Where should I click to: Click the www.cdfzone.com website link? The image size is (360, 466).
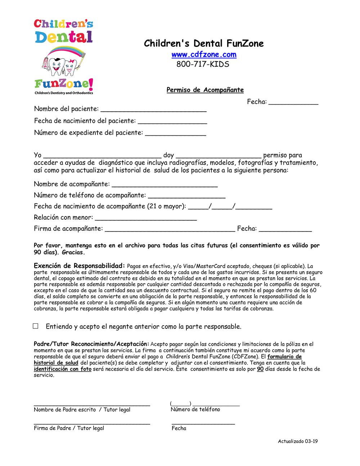point(204,55)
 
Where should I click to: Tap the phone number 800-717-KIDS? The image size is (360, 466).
point(203,64)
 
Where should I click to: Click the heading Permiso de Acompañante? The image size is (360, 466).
point(205,90)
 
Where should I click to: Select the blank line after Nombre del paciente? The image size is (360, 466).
point(153,109)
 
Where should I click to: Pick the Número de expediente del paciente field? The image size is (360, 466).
point(175,133)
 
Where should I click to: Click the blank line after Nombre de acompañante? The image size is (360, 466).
point(165,184)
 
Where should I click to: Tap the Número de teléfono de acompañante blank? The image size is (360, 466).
point(186,196)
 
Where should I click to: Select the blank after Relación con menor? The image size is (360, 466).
point(145,218)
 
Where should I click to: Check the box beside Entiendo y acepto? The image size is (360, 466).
point(36,326)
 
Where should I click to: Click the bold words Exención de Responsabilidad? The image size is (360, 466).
point(79,266)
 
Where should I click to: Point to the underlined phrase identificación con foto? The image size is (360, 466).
point(63,369)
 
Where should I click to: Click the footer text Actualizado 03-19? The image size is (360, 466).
point(298,442)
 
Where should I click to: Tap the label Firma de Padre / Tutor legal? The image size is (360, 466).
point(69,428)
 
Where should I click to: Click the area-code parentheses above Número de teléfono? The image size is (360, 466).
point(181,403)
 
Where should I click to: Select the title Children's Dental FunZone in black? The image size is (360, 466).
point(204,44)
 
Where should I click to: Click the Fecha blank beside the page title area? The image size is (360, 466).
point(293,102)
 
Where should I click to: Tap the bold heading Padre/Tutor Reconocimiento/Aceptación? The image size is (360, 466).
point(91,344)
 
